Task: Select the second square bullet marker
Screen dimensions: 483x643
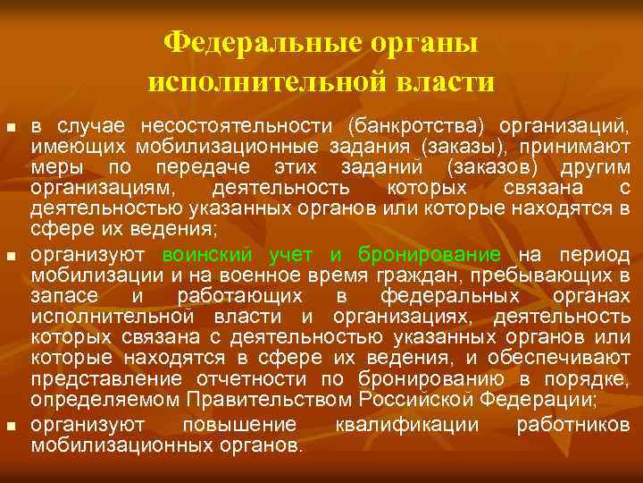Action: coord(11,257)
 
